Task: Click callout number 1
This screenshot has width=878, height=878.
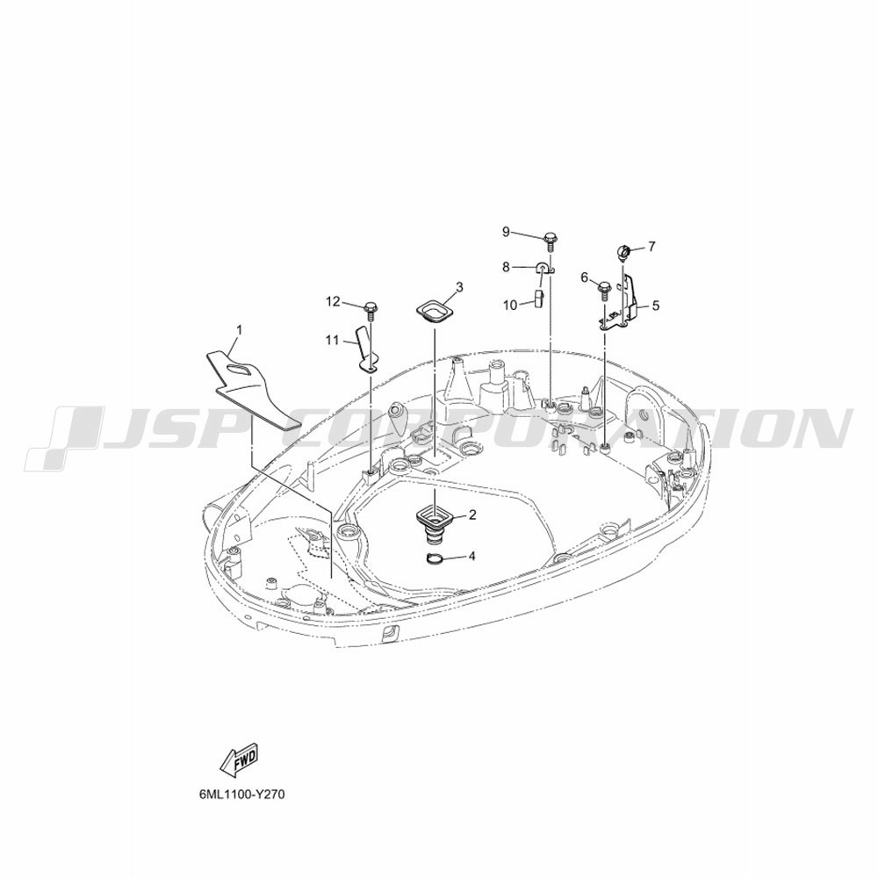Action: [239, 330]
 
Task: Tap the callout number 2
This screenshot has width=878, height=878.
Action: [472, 515]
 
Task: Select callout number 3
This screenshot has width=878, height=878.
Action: [459, 287]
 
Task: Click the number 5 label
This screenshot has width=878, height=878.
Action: [656, 306]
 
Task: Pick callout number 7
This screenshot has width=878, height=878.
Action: [651, 247]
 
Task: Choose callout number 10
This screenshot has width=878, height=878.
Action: [510, 306]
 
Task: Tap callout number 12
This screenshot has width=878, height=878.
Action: [333, 302]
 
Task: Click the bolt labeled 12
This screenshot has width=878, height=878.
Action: [371, 310]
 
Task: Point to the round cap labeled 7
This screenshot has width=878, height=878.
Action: [623, 251]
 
